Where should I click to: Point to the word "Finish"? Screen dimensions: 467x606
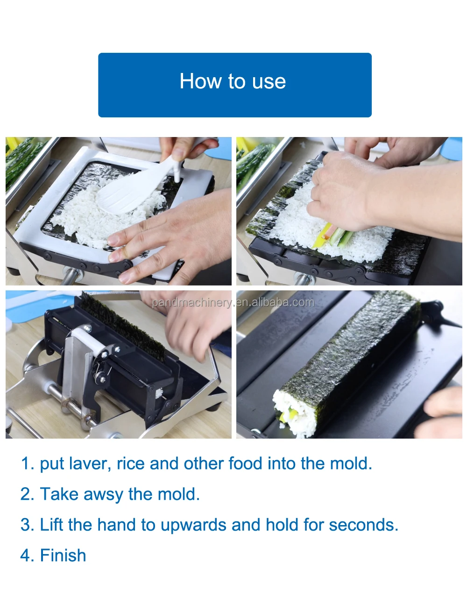click(x=63, y=555)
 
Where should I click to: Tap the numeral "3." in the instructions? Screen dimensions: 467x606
click(x=27, y=525)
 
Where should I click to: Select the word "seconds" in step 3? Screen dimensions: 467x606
click(x=363, y=525)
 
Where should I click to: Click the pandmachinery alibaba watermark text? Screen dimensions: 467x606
click(x=233, y=303)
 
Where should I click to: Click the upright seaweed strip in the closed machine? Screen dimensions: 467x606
click(x=122, y=326)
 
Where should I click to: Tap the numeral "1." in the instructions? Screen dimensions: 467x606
click(x=27, y=463)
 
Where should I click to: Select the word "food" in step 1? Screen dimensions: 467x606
click(x=245, y=463)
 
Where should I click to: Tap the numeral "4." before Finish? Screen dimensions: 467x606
click(x=27, y=555)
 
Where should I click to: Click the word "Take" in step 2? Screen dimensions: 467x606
click(x=59, y=494)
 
